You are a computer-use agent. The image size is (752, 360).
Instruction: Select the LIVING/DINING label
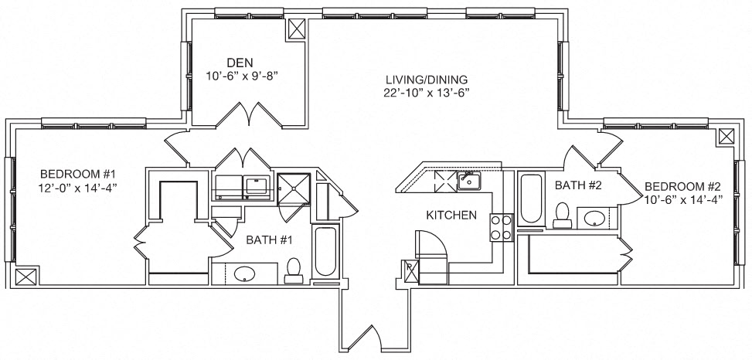click(427, 80)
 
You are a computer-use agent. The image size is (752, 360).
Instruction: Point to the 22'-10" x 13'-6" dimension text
click(427, 93)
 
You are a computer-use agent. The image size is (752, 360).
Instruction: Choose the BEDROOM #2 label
click(682, 186)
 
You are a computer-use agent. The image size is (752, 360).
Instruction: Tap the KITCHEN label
click(451, 216)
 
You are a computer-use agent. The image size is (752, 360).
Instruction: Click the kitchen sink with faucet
click(468, 182)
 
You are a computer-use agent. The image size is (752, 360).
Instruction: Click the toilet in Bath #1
click(294, 269)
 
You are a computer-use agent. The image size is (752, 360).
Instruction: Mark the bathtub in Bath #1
click(325, 252)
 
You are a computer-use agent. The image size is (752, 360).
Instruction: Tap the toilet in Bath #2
click(562, 214)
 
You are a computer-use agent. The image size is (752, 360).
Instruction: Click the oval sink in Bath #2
click(594, 218)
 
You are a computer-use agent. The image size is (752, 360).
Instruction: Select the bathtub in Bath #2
click(532, 200)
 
